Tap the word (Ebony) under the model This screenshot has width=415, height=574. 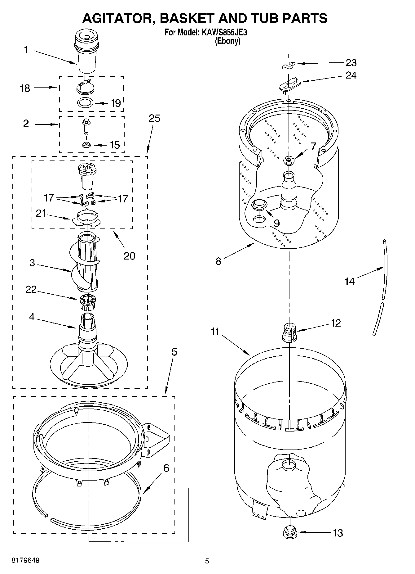tap(228, 41)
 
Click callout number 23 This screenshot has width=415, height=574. tap(351, 63)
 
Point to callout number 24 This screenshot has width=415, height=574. tap(351, 75)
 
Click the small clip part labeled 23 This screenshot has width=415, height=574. tap(289, 65)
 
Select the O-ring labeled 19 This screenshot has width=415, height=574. tap(85, 102)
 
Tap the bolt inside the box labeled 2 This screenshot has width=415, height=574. tap(85, 126)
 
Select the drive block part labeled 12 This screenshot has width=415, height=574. tap(289, 332)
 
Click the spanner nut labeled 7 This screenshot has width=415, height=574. tap(289, 160)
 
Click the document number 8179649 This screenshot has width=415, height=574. tap(25, 560)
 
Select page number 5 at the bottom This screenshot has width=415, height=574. tap(207, 561)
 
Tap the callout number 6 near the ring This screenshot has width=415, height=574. tap(166, 468)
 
